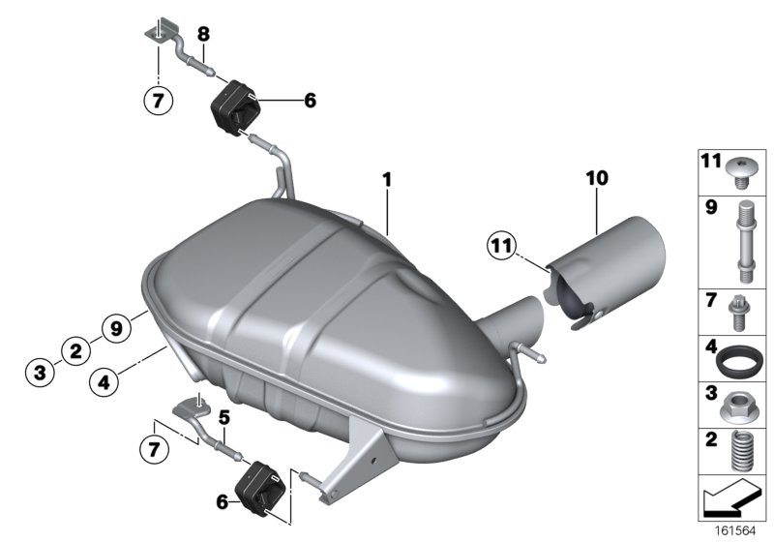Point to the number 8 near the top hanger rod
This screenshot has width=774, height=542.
pos(203,35)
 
